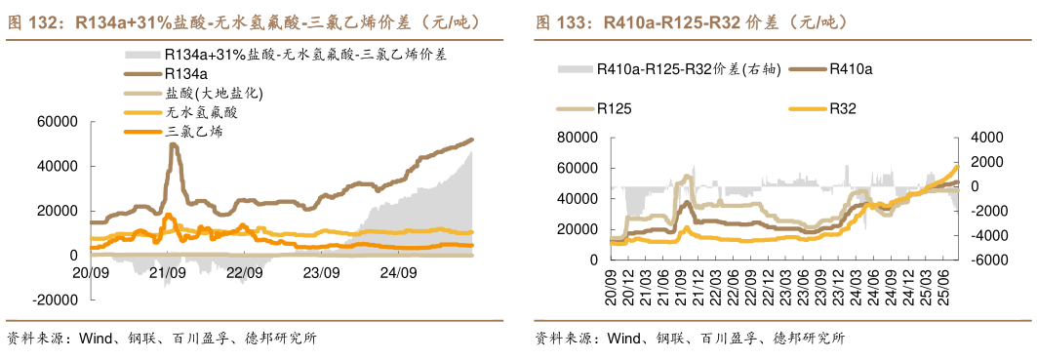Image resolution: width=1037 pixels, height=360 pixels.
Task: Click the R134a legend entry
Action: pos(185,73)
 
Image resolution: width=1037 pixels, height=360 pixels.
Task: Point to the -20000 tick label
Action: pos(54,300)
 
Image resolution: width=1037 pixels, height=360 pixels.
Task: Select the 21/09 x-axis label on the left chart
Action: pos(167,272)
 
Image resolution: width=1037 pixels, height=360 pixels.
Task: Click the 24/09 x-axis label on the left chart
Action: pos(397,272)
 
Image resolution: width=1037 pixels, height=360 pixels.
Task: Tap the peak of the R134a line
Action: pos(174,144)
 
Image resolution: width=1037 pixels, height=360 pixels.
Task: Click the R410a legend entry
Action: pos(850,69)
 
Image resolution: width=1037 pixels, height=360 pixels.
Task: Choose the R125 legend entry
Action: pos(615,109)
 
